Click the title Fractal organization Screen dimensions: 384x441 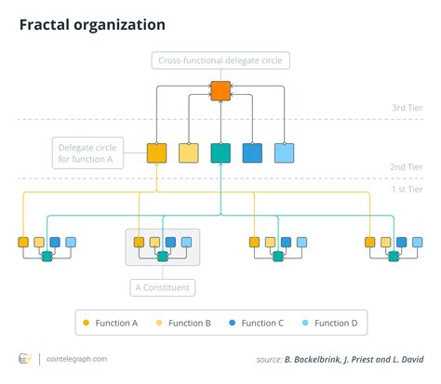[93, 24]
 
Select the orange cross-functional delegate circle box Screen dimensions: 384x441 [220, 91]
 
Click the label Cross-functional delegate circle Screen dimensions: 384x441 [220, 61]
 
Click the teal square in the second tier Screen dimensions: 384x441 [220, 152]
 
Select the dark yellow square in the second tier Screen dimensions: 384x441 [157, 152]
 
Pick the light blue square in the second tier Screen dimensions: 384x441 [284, 152]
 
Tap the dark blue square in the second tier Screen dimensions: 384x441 [252, 152]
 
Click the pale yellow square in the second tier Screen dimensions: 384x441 [189, 152]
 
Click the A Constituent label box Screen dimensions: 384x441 [162, 287]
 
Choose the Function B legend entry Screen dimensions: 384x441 [182, 323]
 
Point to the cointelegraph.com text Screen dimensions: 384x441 [75, 359]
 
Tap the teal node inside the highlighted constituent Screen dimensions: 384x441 [162, 256]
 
